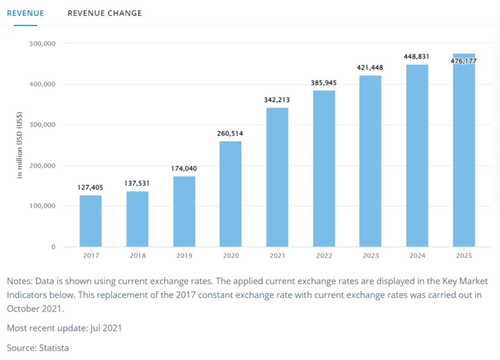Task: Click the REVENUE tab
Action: (25, 13)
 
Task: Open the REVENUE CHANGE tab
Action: (104, 13)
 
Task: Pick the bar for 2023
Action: (370, 161)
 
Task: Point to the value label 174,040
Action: (184, 169)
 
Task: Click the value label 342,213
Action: (277, 100)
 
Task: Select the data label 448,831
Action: (417, 56)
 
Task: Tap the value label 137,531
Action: (137, 184)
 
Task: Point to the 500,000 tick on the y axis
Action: (42, 43)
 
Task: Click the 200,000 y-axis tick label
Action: (42, 165)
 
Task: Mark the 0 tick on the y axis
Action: (53, 247)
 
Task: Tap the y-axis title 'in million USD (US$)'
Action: (21, 146)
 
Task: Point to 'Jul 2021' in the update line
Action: (106, 328)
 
